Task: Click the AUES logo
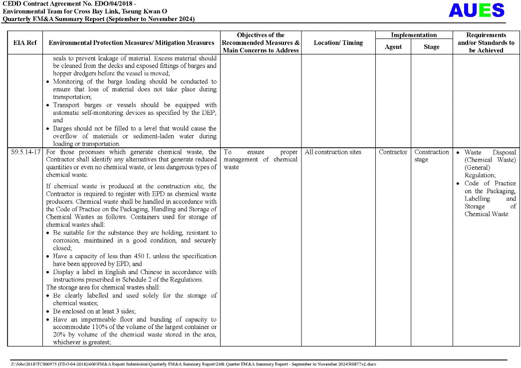[x=477, y=10]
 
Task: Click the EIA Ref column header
[x=25, y=43]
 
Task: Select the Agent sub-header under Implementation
[x=393, y=47]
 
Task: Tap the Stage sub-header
[x=432, y=47]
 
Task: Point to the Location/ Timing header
[x=338, y=43]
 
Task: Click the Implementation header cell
[x=414, y=35]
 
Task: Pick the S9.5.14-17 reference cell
[x=25, y=152]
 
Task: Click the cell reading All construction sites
[x=333, y=152]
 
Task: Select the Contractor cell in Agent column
[x=393, y=152]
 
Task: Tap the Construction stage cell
[x=432, y=155]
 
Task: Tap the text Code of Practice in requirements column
[x=490, y=183]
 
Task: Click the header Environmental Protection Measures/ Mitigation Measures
[x=131, y=43]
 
